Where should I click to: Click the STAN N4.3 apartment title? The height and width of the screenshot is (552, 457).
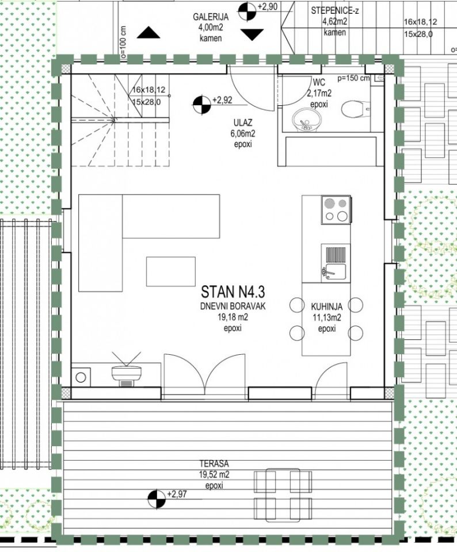(233, 292)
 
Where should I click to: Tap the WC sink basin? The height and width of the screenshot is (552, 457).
(306, 120)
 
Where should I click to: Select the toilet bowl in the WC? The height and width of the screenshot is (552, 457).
(355, 109)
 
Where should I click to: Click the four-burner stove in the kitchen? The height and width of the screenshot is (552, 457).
(336, 210)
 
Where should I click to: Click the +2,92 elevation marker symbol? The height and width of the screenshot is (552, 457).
(202, 105)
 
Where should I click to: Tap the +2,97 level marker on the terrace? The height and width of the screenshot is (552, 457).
(157, 499)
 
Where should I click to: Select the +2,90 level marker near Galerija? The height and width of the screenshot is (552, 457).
(247, 11)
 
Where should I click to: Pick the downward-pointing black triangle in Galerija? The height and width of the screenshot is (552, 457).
(252, 34)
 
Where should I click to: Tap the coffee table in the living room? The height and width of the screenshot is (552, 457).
(171, 271)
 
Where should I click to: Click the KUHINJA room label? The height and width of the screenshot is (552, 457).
(326, 306)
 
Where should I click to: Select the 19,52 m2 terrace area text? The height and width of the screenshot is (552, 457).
(214, 474)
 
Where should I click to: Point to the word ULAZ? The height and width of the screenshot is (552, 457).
(243, 123)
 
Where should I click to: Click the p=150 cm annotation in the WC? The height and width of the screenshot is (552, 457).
(353, 78)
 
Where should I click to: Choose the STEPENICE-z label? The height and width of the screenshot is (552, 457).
(335, 10)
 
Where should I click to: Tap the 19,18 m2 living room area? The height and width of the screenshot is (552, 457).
(233, 317)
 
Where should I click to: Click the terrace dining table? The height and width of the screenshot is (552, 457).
(283, 495)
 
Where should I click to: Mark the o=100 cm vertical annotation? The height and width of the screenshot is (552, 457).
(123, 41)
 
